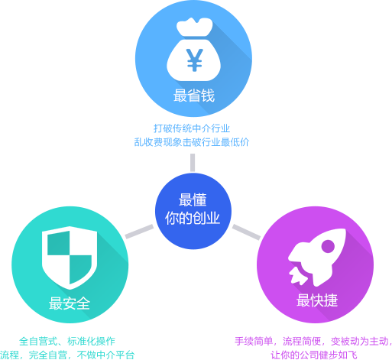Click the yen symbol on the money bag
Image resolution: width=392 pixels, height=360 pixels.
click(195, 60)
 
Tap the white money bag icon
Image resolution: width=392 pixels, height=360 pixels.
click(194, 50)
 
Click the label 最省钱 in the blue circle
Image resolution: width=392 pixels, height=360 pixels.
click(194, 96)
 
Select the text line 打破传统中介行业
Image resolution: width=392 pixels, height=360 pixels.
click(192, 128)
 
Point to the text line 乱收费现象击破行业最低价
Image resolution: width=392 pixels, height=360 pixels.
click(192, 142)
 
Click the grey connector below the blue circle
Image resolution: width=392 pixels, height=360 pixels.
click(193, 163)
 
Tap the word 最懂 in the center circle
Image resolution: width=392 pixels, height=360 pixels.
click(193, 199)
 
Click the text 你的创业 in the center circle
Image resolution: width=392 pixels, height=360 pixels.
click(193, 218)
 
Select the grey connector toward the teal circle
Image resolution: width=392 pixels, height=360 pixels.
click(139, 232)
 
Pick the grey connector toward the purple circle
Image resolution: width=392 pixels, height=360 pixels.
click(246, 232)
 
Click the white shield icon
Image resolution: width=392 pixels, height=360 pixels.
click(70, 258)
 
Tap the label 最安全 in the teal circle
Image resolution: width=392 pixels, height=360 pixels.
click(70, 303)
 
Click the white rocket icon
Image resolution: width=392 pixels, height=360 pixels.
click(317, 258)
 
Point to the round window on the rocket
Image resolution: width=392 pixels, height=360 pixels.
click(328, 246)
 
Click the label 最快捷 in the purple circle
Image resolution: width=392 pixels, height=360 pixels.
click(317, 300)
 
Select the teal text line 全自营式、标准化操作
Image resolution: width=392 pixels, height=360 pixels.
click(67, 341)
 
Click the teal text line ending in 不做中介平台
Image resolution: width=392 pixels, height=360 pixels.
click(67, 355)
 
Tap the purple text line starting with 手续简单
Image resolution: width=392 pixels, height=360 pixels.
click(313, 341)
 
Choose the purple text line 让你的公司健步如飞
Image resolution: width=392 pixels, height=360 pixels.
click(314, 355)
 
